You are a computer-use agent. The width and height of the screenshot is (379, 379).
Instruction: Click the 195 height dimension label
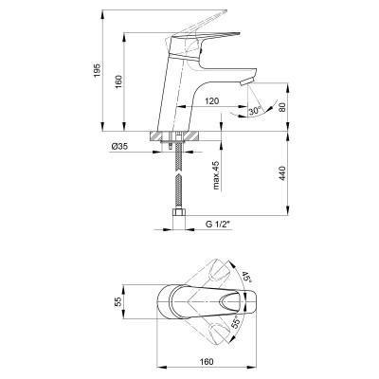click(98, 71)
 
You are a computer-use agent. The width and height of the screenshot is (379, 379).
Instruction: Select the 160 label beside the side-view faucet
click(118, 82)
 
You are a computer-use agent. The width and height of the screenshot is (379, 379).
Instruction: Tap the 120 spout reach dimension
click(212, 101)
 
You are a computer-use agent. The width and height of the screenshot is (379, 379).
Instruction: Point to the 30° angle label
click(255, 111)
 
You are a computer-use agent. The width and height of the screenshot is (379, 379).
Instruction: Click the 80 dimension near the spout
click(282, 107)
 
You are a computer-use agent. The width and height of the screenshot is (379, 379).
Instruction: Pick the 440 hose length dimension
click(282, 173)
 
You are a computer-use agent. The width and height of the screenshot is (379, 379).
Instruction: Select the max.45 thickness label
click(216, 174)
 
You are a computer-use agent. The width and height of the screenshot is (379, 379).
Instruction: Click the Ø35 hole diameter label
click(119, 147)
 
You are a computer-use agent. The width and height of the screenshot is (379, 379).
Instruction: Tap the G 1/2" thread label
click(219, 225)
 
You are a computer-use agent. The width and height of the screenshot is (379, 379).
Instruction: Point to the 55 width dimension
click(118, 302)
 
